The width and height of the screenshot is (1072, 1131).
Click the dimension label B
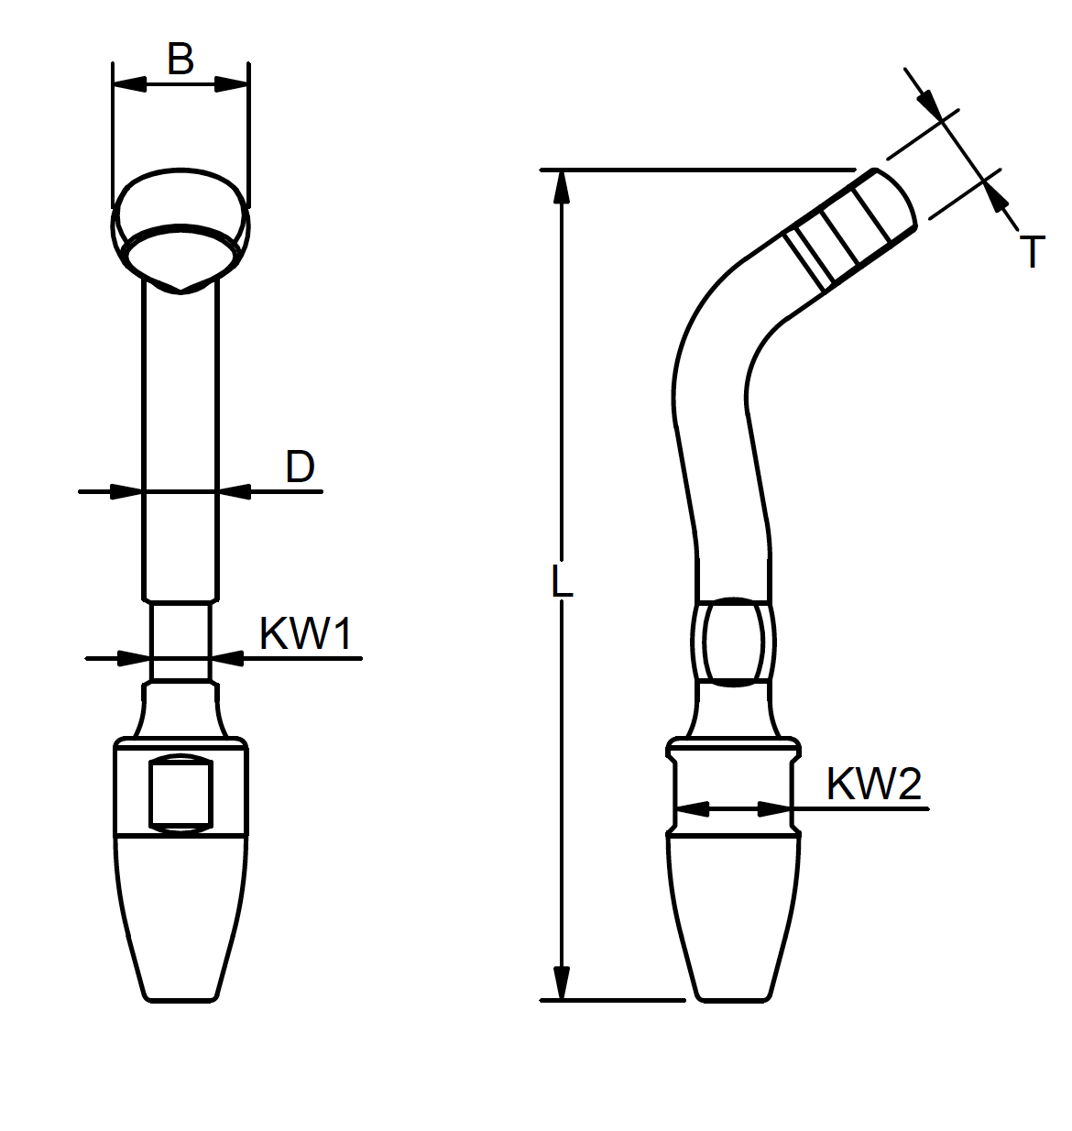[x=180, y=59]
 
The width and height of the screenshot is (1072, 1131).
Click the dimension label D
[x=300, y=467]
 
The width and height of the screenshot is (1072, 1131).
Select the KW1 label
[x=305, y=633]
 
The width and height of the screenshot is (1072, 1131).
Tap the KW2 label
[x=873, y=784]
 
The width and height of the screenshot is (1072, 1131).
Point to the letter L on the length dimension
[x=562, y=581]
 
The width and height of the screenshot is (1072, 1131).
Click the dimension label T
[x=1032, y=252]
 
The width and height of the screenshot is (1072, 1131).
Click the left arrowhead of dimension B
[x=130, y=84]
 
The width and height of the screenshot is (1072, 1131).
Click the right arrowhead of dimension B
[x=231, y=84]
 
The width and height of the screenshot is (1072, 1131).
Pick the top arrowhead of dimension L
[x=562, y=188]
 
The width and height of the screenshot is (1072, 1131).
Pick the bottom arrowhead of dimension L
[x=562, y=983]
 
